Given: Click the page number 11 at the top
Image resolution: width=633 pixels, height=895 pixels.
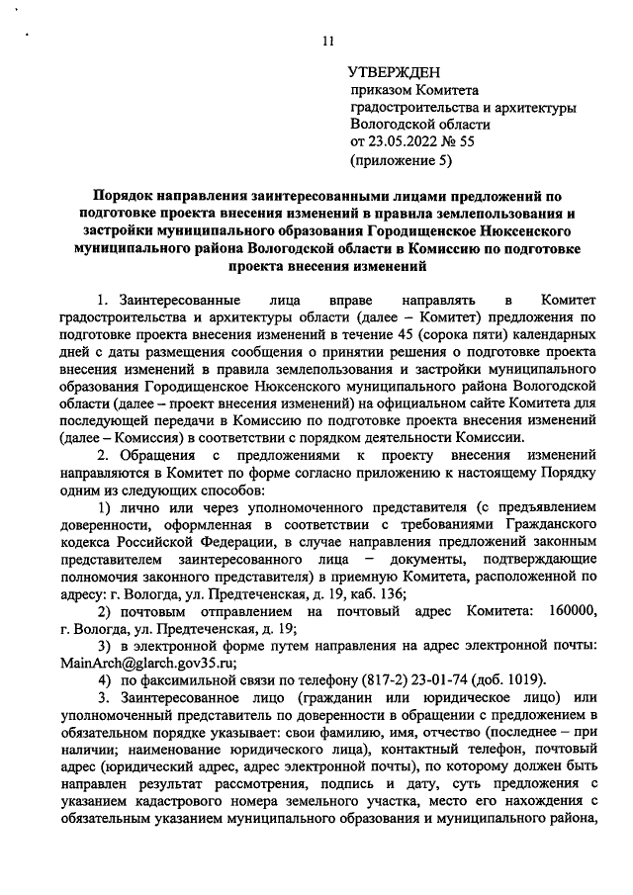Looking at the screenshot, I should click(x=327, y=41).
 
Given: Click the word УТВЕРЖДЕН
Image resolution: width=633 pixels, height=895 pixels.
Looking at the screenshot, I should click(x=395, y=73).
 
